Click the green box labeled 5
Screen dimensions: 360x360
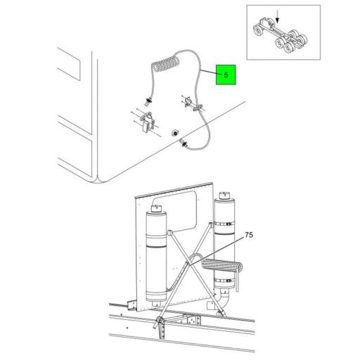[226, 75]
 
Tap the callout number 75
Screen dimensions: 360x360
[249, 235]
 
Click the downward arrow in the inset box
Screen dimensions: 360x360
[277, 16]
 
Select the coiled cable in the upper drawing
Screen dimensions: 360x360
[166, 63]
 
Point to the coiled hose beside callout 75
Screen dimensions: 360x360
[221, 265]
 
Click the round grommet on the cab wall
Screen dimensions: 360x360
[174, 133]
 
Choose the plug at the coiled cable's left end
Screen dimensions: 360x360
[148, 102]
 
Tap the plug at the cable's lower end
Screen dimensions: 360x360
[184, 143]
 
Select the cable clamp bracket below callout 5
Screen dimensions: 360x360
[191, 104]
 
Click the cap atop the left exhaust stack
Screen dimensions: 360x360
[156, 208]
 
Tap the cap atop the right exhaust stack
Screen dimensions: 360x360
[225, 195]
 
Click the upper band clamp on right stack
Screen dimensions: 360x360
[224, 224]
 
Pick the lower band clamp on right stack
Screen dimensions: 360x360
[224, 281]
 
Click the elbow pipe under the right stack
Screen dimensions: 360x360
[224, 300]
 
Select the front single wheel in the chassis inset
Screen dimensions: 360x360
[258, 31]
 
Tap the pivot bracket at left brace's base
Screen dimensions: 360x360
[160, 321]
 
